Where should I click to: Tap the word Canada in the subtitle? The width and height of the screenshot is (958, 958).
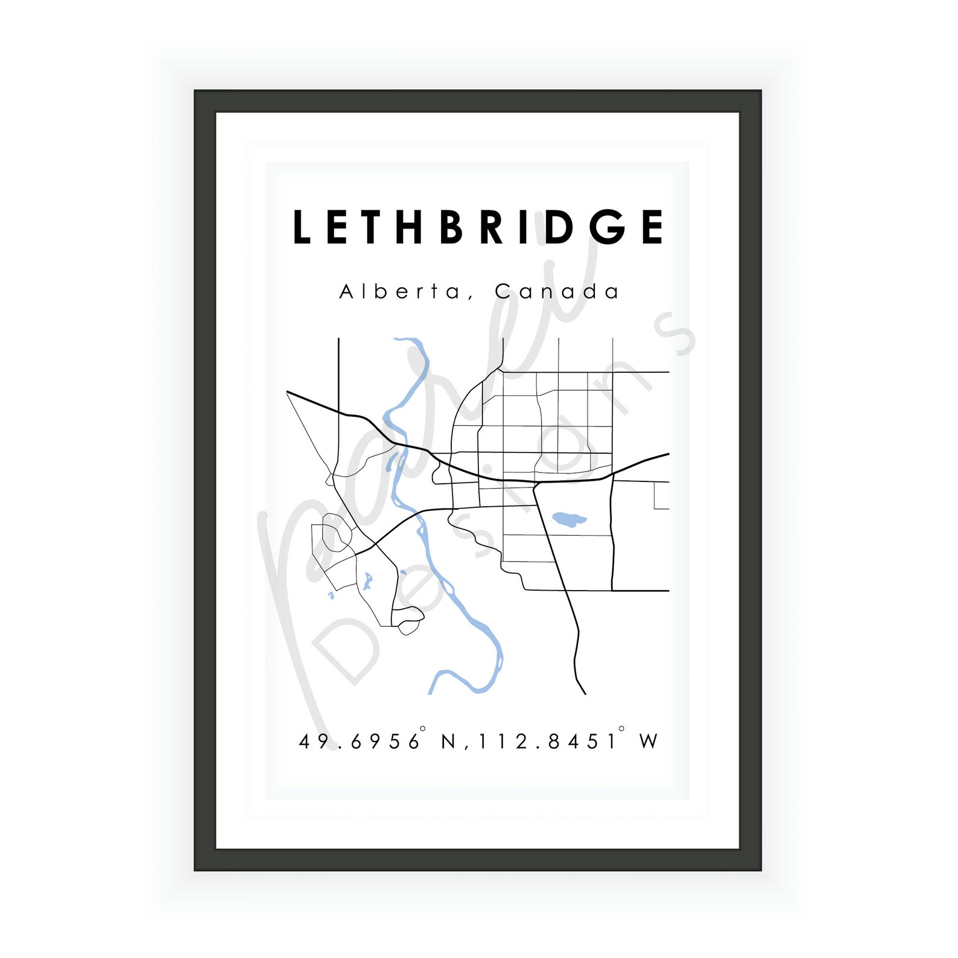(x=557, y=292)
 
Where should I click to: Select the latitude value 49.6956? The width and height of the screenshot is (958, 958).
(x=359, y=741)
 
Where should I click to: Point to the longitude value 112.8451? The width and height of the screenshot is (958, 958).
(x=547, y=741)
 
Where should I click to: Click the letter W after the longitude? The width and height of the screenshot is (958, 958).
(x=649, y=741)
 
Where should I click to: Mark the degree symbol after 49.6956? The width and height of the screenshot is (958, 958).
(x=423, y=729)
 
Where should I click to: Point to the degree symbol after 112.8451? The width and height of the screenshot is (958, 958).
(x=621, y=729)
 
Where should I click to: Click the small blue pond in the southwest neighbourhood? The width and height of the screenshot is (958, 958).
(x=368, y=582)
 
